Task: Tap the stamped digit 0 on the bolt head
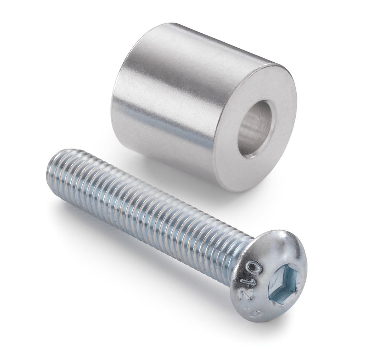pos(254,268)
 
